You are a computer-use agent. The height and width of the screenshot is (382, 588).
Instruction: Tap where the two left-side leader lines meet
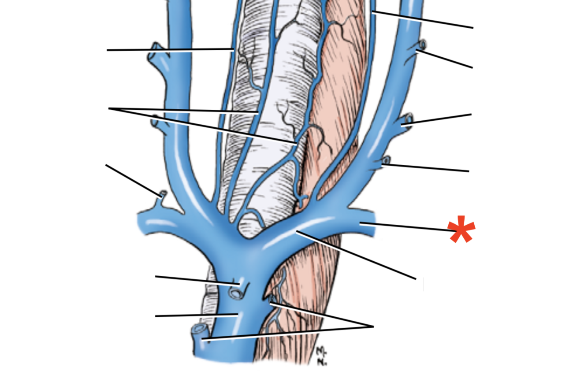(109, 108)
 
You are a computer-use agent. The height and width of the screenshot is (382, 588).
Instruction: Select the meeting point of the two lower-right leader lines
(373, 326)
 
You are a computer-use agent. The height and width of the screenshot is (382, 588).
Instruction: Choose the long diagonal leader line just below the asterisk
(357, 255)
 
